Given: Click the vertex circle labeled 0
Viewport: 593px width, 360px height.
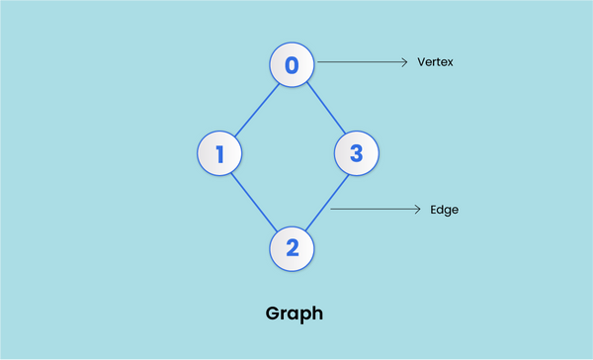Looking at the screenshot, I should [x=292, y=65].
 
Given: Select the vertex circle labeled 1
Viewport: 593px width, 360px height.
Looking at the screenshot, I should [x=219, y=153].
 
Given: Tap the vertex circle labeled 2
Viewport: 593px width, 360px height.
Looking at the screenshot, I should [x=292, y=247].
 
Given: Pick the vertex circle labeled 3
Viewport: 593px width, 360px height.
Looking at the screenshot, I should [x=356, y=153].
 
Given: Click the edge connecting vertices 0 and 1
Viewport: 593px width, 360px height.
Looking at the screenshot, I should [x=255, y=110].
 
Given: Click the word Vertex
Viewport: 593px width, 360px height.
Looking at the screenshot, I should [x=436, y=62].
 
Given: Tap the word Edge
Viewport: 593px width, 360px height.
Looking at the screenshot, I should [x=444, y=210].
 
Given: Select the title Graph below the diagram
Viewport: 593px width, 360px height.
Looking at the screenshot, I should [x=295, y=315].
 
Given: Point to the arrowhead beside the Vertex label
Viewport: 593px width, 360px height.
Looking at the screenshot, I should [x=404, y=62].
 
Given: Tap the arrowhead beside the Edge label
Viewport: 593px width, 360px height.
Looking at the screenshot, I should [x=418, y=210].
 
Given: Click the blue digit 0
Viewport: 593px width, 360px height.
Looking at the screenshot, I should [x=292, y=65].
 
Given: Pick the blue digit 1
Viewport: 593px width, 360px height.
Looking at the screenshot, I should [x=219, y=153].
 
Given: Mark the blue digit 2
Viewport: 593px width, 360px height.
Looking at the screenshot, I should [x=292, y=247].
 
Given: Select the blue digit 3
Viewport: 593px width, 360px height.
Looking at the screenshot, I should [x=356, y=153].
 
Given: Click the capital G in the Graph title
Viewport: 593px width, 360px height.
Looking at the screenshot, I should [x=274, y=314].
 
